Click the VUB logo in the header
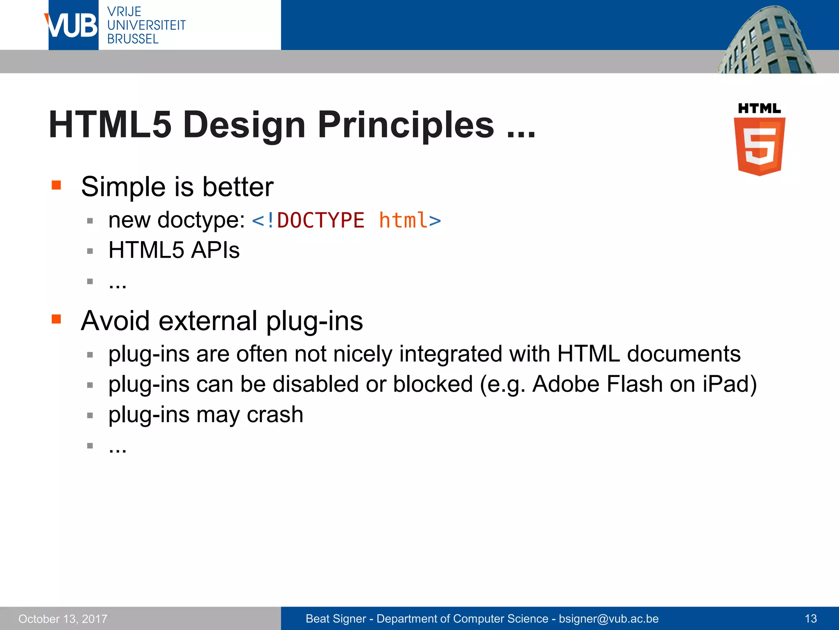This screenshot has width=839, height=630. click(x=73, y=25)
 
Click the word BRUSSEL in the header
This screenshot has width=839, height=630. click(x=133, y=39)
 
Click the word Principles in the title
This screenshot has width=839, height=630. click(x=406, y=125)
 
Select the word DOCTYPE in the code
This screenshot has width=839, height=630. click(x=320, y=220)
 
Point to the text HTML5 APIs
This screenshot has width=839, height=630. click(x=174, y=250)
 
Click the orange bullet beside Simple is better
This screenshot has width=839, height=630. click(x=56, y=185)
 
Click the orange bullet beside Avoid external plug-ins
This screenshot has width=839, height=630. click(x=56, y=319)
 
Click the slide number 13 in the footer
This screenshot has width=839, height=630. click(x=811, y=619)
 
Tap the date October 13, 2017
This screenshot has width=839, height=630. click(x=63, y=619)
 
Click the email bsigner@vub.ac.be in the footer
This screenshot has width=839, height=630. click(x=608, y=619)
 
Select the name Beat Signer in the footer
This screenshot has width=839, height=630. click(x=336, y=619)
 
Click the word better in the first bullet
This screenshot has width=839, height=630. click(x=238, y=187)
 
